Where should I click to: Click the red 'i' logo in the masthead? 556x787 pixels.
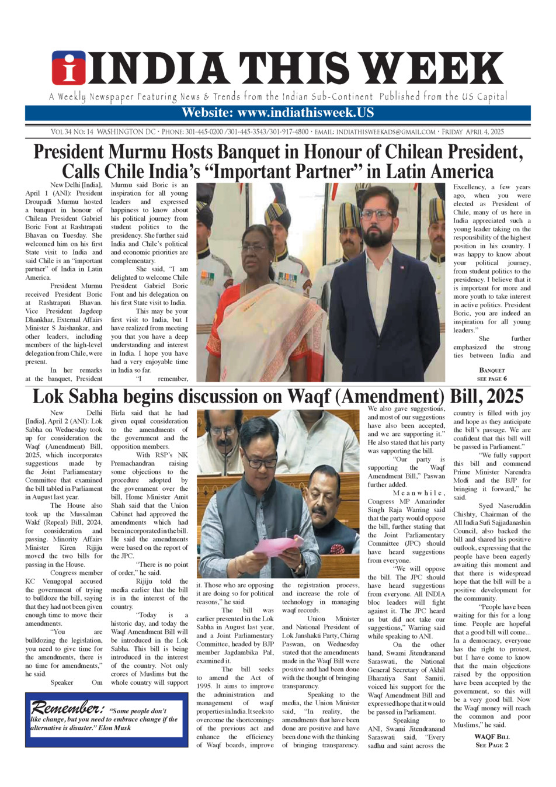69,68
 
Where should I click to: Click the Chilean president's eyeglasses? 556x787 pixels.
377,214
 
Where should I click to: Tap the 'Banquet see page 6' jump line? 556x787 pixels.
492,375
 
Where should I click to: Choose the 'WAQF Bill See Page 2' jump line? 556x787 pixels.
492,741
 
